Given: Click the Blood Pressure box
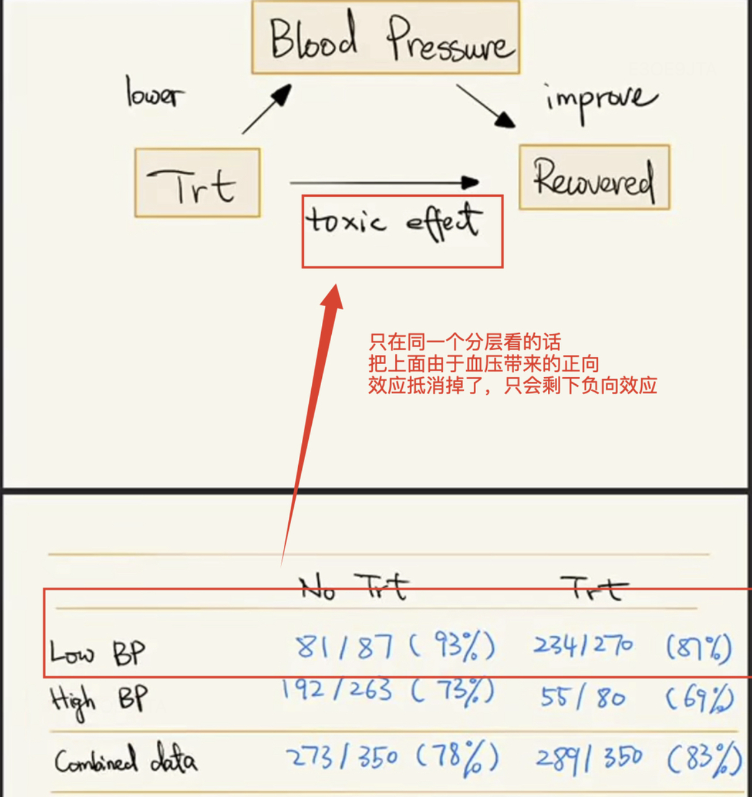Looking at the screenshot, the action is point(385,37).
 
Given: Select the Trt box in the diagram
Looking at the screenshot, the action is point(197,182).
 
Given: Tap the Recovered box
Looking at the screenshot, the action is point(594,177).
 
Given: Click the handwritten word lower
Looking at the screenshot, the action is point(154,93).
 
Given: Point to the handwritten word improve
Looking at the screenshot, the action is point(600,100).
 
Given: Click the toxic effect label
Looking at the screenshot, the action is point(393,222).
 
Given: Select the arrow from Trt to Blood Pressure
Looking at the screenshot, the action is point(266,110).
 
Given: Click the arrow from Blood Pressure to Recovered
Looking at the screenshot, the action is point(486,106).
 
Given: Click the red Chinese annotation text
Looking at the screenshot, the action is point(512,364).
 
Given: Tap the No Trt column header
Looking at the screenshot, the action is point(353,587).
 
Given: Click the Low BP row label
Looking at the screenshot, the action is point(98,653).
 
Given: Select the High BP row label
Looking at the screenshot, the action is point(99,700).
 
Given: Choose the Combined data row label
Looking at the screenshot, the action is point(125,759).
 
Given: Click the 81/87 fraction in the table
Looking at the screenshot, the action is point(344,646).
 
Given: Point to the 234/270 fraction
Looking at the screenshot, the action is point(583,645).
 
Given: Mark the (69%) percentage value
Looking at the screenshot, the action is point(698,698).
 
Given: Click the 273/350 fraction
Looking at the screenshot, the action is point(342,757).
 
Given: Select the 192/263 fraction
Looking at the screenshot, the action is point(337,689).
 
